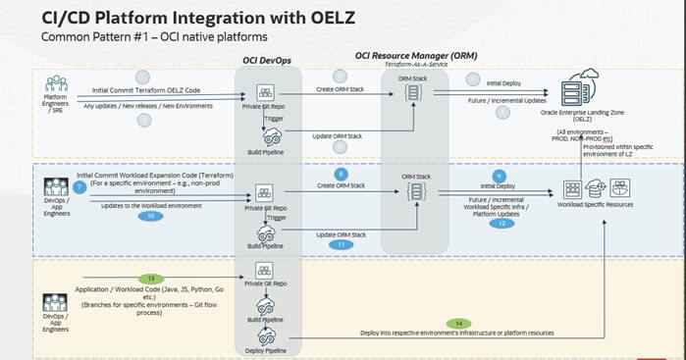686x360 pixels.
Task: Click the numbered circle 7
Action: click(80, 186)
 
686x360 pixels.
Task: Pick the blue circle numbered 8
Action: click(341, 174)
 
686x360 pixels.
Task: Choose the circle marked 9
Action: click(500, 174)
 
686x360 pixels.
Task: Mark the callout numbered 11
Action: click(341, 244)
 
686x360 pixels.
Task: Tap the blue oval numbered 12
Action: click(501, 223)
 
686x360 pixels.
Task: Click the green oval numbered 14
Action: click(459, 322)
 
